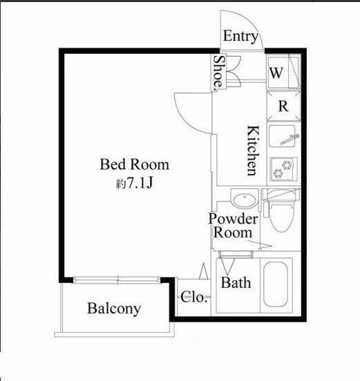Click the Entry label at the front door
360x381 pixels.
[240, 37]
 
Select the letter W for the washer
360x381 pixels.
[276, 73]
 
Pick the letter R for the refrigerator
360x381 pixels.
[283, 106]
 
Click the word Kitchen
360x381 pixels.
[253, 150]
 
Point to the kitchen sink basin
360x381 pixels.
[282, 136]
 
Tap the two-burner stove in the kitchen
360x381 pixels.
[284, 169]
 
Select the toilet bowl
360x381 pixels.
[282, 217]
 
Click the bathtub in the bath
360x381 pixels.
[276, 284]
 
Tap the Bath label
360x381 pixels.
[236, 283]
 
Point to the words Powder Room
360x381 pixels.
[233, 226]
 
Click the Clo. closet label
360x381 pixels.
[194, 297]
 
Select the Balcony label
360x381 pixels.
[114, 309]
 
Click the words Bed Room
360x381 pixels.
[135, 164]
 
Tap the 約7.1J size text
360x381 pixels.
[135, 183]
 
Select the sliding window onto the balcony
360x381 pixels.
[117, 280]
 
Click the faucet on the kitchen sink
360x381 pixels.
[290, 139]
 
